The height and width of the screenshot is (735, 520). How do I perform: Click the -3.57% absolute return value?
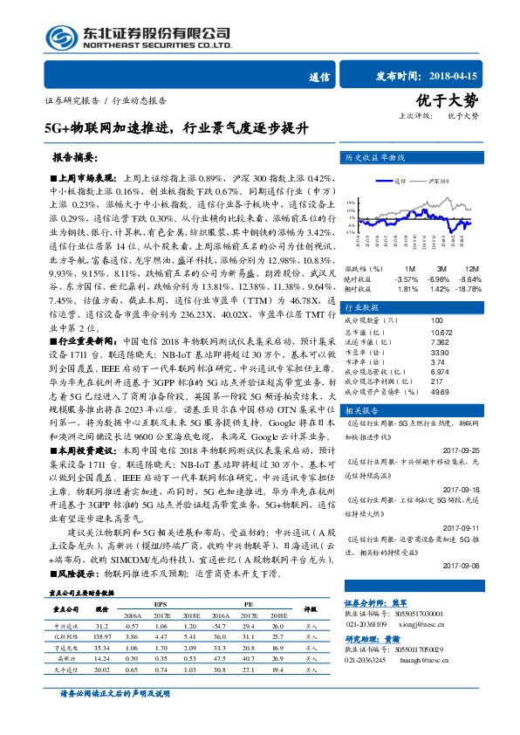pyautogui.click(x=407, y=278)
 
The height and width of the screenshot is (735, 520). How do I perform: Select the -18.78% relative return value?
pyautogui.click(x=469, y=289)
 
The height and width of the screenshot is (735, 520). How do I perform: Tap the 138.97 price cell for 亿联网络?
pyautogui.click(x=101, y=639)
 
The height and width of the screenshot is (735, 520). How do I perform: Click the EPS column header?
pyautogui.click(x=160, y=603)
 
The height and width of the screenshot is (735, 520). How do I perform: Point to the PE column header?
pyautogui.click(x=248, y=603)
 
